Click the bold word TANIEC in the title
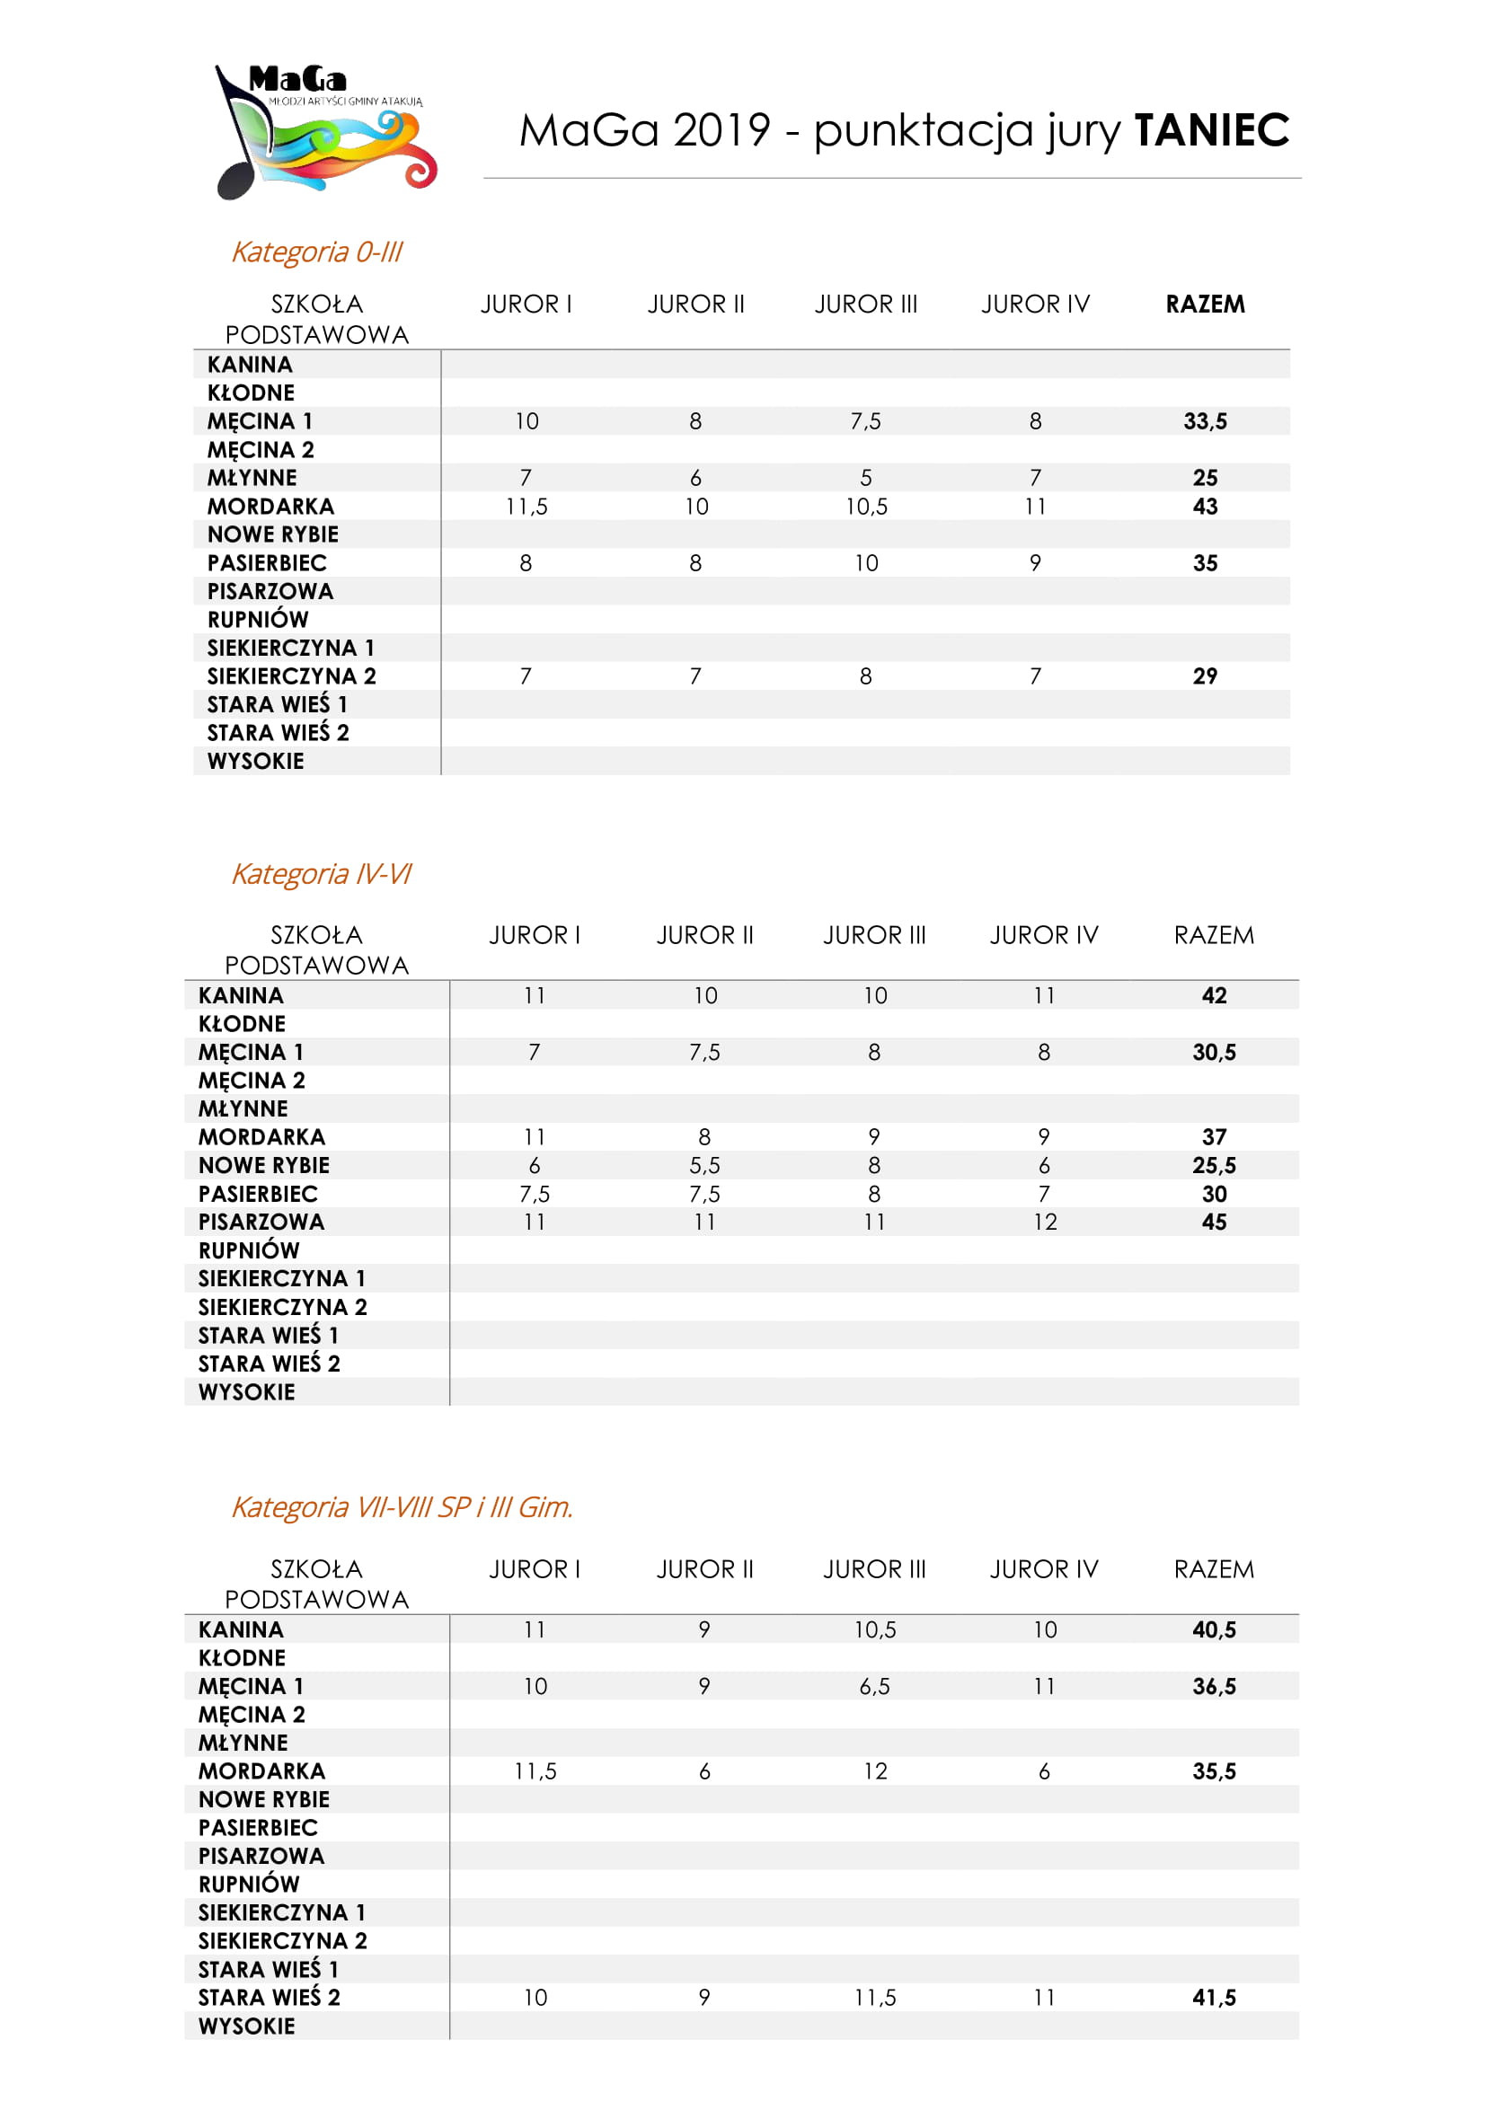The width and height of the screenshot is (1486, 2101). point(1211,130)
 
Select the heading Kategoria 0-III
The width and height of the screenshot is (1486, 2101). point(316,252)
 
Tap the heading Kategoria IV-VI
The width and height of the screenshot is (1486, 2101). point(321,874)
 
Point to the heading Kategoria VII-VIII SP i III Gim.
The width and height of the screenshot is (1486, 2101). point(402,1507)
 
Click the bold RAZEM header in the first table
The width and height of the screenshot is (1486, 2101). point(1205,304)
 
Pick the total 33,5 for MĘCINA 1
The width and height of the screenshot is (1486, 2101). point(1205,421)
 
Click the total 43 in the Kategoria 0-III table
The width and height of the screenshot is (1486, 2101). point(1205,506)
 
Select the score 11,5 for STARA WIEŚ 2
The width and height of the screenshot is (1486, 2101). point(875,1997)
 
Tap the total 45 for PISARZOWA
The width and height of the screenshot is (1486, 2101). point(1215,1222)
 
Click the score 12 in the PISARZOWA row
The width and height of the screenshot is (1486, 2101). point(1045,1222)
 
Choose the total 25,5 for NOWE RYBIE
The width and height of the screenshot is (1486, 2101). point(1215,1165)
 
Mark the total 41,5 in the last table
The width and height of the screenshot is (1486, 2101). point(1215,1997)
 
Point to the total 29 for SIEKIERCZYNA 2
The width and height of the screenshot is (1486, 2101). point(1205,676)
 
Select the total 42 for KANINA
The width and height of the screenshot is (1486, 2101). point(1215,995)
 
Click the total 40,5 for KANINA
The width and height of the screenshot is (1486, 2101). point(1215,1629)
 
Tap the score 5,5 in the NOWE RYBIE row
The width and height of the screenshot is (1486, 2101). point(704,1165)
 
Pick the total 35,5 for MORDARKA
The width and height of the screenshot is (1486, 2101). point(1215,1770)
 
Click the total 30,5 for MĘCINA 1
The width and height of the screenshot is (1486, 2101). point(1215,1053)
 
